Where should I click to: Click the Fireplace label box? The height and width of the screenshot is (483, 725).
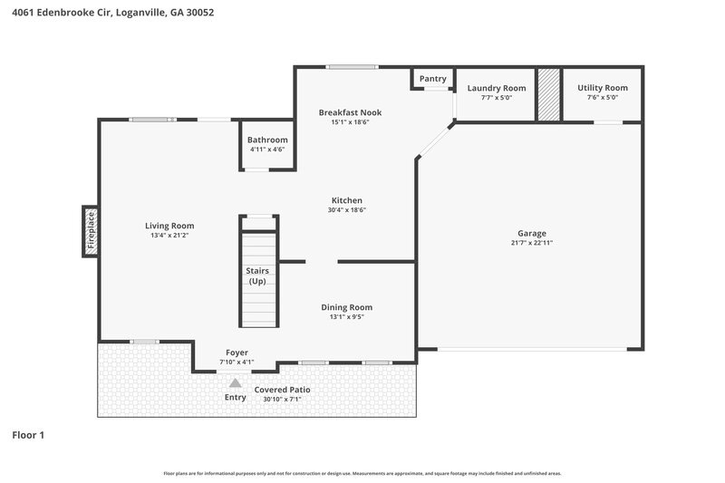coord(90,230)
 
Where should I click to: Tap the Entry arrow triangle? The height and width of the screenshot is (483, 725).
coord(235,382)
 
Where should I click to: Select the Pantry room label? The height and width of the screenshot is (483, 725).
coord(433,79)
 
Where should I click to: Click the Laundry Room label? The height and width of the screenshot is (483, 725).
coord(496,88)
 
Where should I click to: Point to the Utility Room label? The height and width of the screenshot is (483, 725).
coord(602,88)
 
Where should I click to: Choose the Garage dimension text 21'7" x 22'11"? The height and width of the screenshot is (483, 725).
coord(531,243)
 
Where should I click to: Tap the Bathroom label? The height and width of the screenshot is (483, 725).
coord(267,140)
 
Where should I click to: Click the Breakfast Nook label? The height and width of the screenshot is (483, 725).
coord(350,112)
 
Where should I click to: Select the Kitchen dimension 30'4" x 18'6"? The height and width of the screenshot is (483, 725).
coord(346,209)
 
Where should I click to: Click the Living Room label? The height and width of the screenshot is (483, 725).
coord(169,226)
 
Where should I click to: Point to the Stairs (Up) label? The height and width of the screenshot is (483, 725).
coord(257,275)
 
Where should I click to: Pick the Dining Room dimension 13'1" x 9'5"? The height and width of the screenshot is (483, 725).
coord(346,316)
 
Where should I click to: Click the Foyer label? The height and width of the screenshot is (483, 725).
coord(237,353)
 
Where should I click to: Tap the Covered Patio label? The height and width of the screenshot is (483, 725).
coord(282,390)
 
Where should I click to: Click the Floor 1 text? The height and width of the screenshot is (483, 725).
coord(28,435)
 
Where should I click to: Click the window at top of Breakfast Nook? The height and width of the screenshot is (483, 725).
coord(352,66)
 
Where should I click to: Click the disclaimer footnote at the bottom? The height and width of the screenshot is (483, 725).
coord(362,473)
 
